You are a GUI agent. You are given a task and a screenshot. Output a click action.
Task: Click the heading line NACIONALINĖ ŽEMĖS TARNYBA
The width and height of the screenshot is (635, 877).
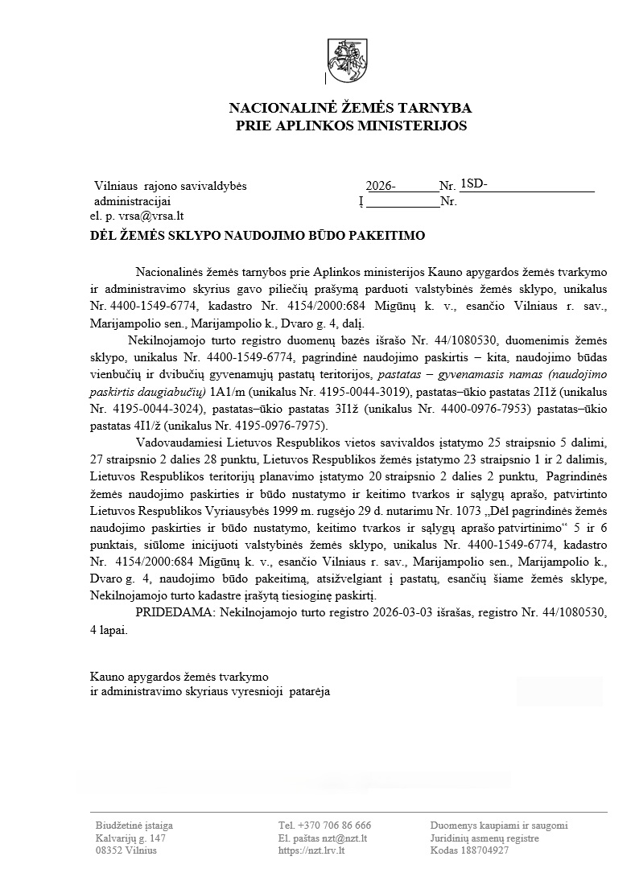point(351,108)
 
